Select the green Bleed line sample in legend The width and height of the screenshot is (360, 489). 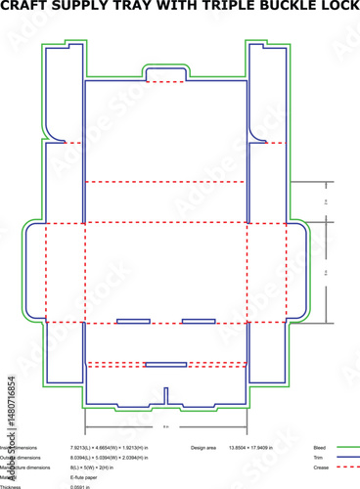coord(346,447)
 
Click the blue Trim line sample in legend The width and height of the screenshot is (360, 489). coord(346,458)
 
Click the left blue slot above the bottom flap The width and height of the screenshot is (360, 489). coord(133,321)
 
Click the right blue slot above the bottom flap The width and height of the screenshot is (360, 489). coord(199,321)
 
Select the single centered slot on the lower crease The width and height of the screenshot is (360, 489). coord(165,365)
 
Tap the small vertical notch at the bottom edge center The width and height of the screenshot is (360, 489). coord(165,395)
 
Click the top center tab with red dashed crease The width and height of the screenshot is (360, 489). coord(165,74)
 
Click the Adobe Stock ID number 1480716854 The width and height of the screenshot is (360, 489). coord(11,411)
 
